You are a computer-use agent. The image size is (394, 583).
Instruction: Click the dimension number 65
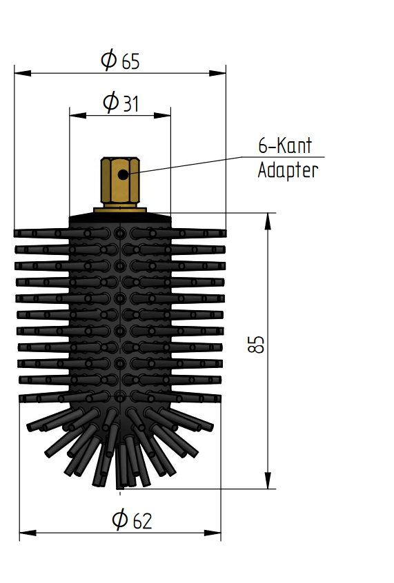130,61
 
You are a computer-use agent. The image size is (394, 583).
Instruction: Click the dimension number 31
130,104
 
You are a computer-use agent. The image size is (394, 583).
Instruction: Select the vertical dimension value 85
256,345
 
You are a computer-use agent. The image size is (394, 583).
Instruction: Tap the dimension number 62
142,521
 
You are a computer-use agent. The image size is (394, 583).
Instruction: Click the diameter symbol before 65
109,59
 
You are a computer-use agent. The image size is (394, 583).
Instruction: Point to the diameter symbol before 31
110,102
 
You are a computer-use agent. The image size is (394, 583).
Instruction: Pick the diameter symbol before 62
120,519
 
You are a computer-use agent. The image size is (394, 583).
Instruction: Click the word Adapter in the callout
288,170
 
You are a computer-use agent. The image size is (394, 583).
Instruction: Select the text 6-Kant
285,145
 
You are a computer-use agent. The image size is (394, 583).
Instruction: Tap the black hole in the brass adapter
123,174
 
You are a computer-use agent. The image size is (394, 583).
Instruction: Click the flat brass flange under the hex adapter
120,210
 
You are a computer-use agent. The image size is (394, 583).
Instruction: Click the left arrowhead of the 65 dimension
23,73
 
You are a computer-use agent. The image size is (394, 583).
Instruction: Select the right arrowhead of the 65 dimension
217,73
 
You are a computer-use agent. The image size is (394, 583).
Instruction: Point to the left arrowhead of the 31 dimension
78,116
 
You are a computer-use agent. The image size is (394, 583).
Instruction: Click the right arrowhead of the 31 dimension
162,116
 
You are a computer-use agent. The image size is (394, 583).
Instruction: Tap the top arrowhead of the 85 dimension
268,221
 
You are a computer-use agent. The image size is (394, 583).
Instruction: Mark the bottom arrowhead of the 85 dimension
268,480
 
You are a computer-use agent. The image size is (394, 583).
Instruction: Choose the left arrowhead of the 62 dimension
28,533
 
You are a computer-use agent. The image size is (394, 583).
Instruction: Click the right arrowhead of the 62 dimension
213,533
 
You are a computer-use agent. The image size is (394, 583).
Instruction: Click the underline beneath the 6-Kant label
283,157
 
